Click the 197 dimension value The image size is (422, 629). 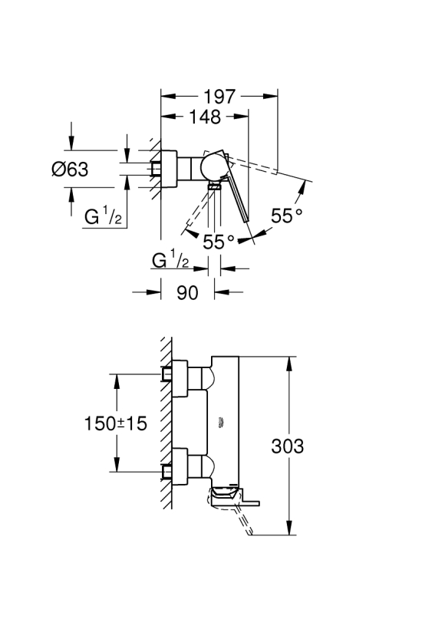[219, 97]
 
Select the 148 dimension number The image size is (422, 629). [205, 117]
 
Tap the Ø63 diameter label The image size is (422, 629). [70, 170]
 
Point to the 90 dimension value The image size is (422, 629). [187, 293]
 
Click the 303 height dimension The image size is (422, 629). [287, 446]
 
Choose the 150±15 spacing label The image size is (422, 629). [116, 423]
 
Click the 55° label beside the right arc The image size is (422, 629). [286, 216]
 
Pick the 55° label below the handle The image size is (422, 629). [218, 242]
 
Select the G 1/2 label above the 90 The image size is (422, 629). [170, 259]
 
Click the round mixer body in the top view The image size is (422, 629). [215, 167]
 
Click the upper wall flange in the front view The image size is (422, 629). [180, 379]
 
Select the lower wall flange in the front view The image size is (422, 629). [180, 467]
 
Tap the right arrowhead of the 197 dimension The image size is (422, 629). [270, 96]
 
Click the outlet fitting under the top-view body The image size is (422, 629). [215, 186]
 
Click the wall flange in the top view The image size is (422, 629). [169, 169]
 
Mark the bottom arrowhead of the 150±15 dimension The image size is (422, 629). [117, 465]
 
